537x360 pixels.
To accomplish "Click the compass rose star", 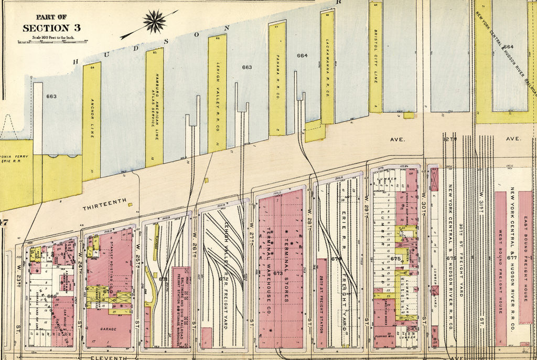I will pos(154,22).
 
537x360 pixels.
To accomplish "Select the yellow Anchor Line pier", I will pos(91,121).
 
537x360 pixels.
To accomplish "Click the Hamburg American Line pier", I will pos(155,108).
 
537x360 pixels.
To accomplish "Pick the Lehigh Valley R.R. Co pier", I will pos(217,93).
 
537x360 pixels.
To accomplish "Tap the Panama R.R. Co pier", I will pos(277,79).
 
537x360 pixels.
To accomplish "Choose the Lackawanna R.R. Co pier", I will pos(327,67).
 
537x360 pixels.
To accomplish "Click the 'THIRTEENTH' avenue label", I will pos(104,204).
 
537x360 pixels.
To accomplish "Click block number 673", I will pos(278,273).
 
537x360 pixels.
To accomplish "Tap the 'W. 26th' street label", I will pos(194,241).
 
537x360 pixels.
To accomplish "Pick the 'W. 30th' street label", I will pos(423,200).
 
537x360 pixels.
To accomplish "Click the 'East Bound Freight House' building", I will pos(525,257).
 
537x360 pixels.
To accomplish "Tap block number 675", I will pos(395,258).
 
